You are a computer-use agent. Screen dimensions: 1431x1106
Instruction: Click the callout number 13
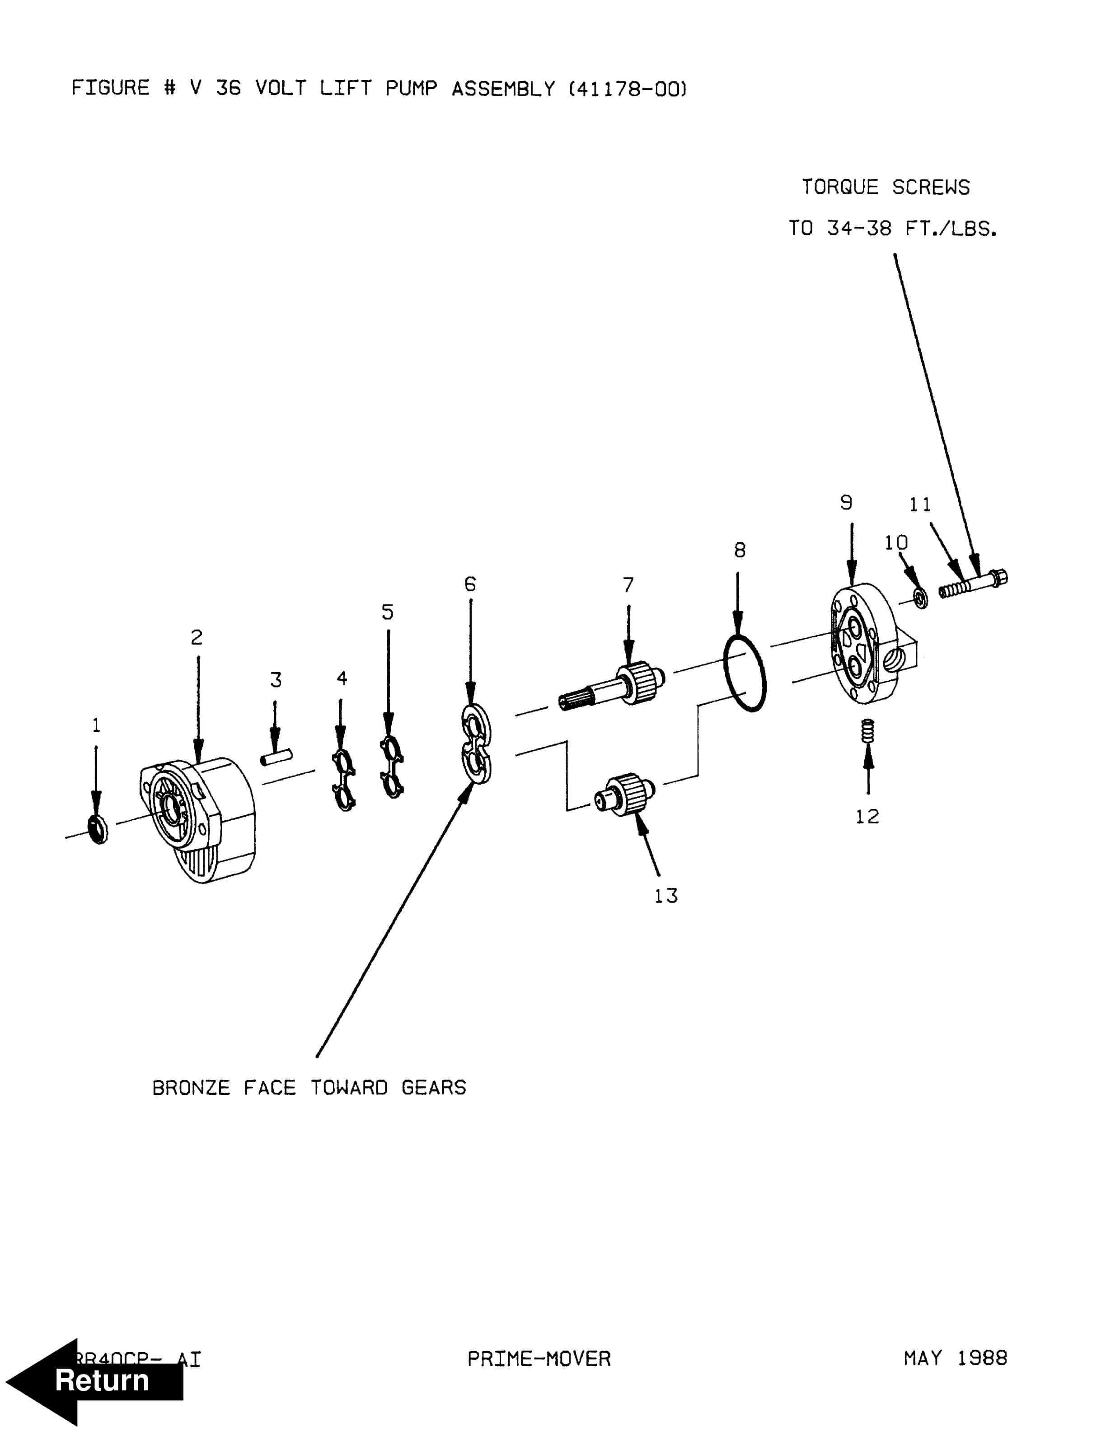pyautogui.click(x=665, y=896)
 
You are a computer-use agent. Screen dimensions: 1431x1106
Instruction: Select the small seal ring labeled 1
pyautogui.click(x=98, y=829)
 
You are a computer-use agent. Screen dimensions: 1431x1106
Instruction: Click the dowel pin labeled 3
pyautogui.click(x=276, y=758)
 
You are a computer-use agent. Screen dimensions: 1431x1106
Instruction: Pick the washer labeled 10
pyautogui.click(x=920, y=598)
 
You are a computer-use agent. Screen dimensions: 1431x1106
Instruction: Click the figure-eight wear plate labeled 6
pyautogui.click(x=476, y=744)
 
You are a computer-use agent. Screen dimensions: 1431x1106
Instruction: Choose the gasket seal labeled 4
pyautogui.click(x=344, y=780)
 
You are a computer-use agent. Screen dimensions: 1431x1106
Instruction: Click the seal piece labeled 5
pyautogui.click(x=392, y=767)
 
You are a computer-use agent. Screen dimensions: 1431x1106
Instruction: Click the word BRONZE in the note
pyautogui.click(x=191, y=1088)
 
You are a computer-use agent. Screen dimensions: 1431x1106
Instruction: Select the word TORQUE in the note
pyautogui.click(x=839, y=187)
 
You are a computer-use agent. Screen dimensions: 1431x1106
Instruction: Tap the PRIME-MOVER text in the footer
pyautogui.click(x=539, y=1359)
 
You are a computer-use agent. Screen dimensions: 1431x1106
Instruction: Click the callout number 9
pyautogui.click(x=846, y=503)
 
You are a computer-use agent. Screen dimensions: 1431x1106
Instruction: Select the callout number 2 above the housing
pyautogui.click(x=197, y=637)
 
